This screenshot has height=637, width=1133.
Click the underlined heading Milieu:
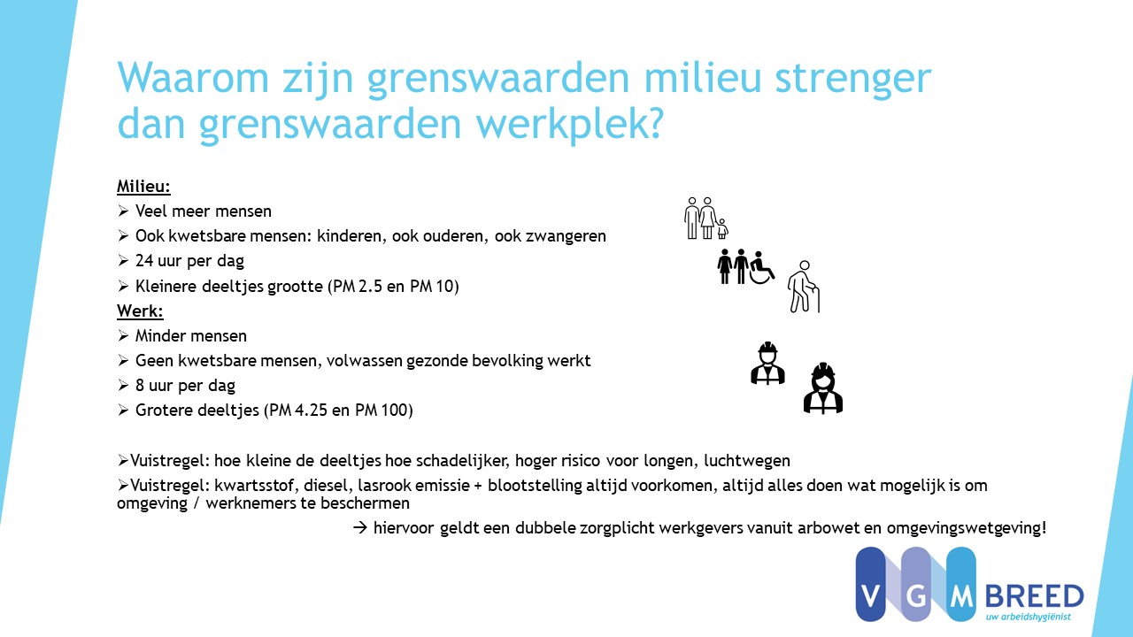click(143, 187)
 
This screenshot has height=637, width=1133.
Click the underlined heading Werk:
click(140, 311)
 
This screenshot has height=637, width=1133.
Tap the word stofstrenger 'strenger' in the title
click(852, 79)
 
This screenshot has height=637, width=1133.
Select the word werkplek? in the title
click(569, 125)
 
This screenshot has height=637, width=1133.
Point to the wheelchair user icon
click(762, 267)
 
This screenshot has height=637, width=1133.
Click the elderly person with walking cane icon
click(803, 287)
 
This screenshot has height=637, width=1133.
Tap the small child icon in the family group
click(722, 229)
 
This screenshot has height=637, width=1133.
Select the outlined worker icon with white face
click(767, 363)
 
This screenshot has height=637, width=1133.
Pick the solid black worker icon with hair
click(823, 388)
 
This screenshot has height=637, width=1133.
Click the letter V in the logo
click(870, 597)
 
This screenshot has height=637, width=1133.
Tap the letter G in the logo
click(916, 597)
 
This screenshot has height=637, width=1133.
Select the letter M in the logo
click(961, 597)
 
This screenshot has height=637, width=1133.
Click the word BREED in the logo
click(1035, 596)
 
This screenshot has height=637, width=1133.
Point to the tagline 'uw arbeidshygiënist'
click(1029, 617)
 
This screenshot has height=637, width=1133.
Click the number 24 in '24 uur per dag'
click(144, 261)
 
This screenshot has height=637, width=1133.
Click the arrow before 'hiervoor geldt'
click(359, 528)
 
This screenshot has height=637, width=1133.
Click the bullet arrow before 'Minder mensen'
click(123, 335)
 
